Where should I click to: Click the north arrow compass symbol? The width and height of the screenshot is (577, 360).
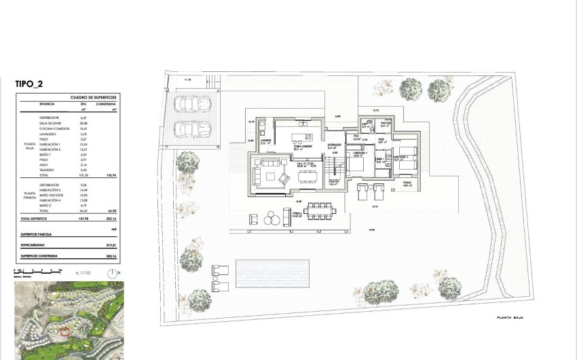click(x=112, y=274)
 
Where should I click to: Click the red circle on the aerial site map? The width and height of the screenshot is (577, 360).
click(x=65, y=331)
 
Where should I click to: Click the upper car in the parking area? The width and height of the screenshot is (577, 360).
click(x=193, y=104)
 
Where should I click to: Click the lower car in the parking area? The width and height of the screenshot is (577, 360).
click(x=193, y=129)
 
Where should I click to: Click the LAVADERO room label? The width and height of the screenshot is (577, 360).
click(x=265, y=141)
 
